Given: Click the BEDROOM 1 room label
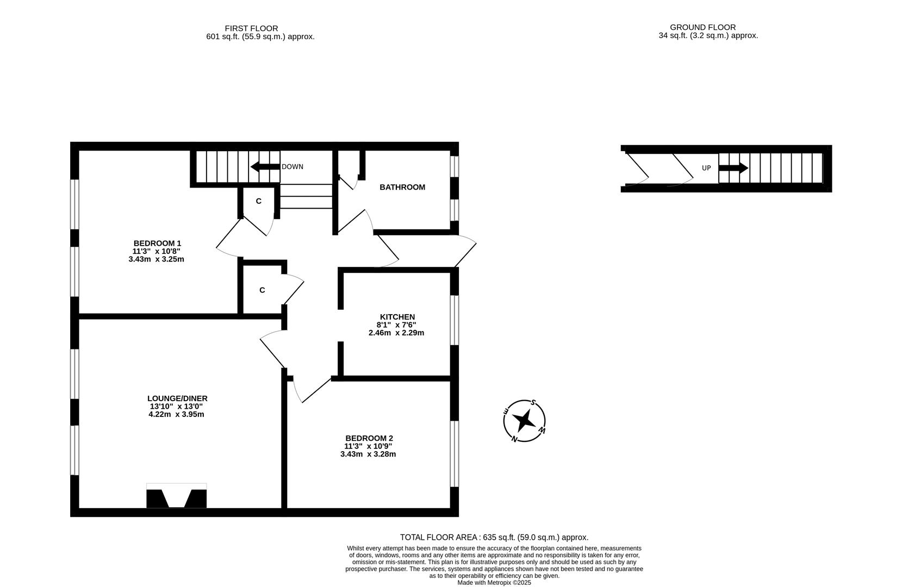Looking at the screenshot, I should (157, 243).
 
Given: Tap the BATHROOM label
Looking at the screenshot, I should (402, 187).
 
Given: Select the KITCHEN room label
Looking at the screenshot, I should (397, 317).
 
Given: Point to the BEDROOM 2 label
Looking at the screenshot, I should (369, 438).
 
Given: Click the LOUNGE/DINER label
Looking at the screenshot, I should (177, 398).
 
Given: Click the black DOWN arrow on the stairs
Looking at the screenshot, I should (265, 167).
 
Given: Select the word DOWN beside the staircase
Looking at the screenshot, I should (293, 167).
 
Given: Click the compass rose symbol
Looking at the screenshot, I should (525, 420).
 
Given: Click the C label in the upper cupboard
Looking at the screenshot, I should (259, 201).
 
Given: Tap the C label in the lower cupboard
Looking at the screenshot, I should (262, 290).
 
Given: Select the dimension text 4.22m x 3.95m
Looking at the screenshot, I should (176, 414).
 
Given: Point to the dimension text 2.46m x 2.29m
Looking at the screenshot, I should (396, 333).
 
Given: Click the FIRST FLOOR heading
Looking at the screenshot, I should (251, 28).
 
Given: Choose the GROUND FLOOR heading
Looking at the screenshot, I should (702, 27).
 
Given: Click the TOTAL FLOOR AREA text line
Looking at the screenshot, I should (494, 537).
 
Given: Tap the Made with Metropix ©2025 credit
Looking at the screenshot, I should (494, 582).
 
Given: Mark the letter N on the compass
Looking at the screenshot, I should (514, 439).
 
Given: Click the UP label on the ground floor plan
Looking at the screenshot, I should (706, 168).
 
